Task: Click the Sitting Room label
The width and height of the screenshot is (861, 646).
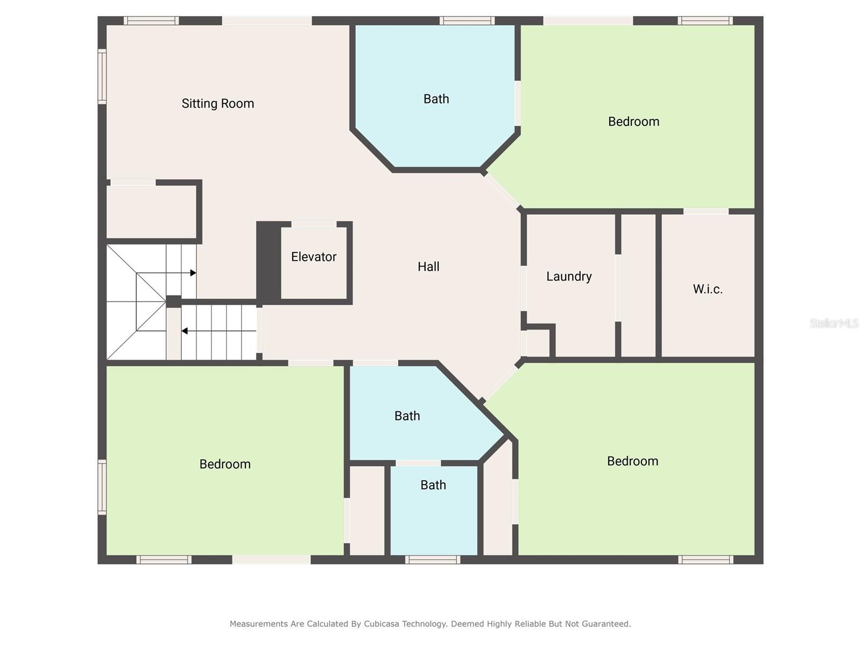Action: (217, 103)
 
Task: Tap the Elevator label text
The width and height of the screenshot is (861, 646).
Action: (314, 257)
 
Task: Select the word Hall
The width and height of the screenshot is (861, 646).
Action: (428, 266)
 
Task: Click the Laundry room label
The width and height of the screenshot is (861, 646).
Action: (569, 276)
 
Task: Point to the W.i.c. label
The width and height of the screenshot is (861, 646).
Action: (707, 289)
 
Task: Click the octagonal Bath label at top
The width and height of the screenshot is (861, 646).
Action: (436, 99)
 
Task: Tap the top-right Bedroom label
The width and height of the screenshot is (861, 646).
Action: (633, 122)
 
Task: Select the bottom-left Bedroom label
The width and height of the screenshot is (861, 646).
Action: (225, 464)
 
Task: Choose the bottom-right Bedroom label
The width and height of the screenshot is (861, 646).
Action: (632, 461)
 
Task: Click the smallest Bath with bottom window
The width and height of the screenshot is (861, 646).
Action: (433, 485)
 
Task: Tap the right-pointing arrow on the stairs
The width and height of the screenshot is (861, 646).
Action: (193, 273)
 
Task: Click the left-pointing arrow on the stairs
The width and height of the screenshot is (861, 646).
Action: (185, 331)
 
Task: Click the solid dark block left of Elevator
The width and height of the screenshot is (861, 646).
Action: (268, 263)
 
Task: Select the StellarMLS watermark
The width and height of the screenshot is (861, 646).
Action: (834, 323)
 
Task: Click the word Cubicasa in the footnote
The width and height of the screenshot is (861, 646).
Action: (383, 624)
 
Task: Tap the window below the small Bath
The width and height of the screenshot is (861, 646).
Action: (433, 560)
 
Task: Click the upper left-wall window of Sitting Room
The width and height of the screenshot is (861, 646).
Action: (102, 76)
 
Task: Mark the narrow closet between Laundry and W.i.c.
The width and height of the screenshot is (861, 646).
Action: (638, 285)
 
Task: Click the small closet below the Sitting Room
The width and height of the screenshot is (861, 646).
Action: (151, 212)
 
